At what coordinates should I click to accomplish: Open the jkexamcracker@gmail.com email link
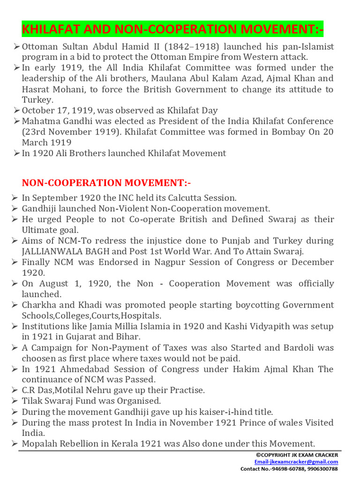click(x=302, y=462)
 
